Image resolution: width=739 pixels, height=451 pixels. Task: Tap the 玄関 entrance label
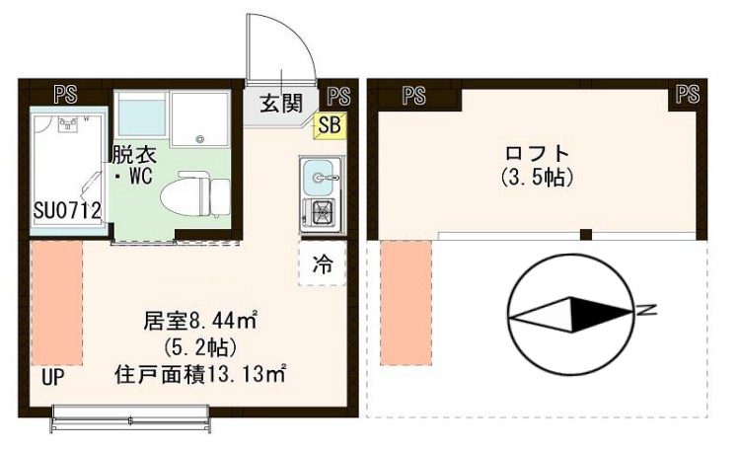282,103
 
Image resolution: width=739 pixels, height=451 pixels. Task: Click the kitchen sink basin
319,177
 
